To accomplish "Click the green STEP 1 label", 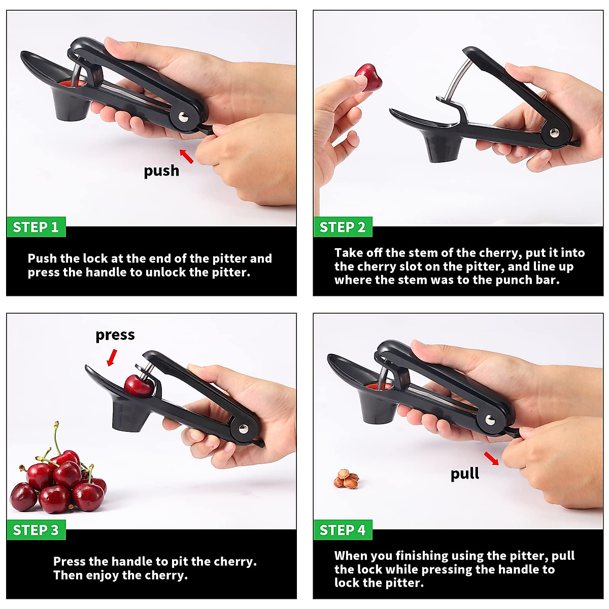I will (x=36, y=227).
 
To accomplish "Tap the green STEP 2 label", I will (x=342, y=227).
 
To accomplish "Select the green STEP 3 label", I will (x=36, y=530).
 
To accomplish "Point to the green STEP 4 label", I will (x=342, y=530).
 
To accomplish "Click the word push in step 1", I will (x=161, y=171).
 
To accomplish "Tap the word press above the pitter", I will (x=115, y=335).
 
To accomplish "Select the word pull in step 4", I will (x=464, y=474).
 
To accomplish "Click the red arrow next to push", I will (x=187, y=156).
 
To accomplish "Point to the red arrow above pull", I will (x=491, y=458).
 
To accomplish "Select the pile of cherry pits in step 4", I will (x=347, y=479).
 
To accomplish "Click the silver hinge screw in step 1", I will (x=182, y=118).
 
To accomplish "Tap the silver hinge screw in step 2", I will (x=554, y=133).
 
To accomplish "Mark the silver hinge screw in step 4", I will (x=490, y=420).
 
